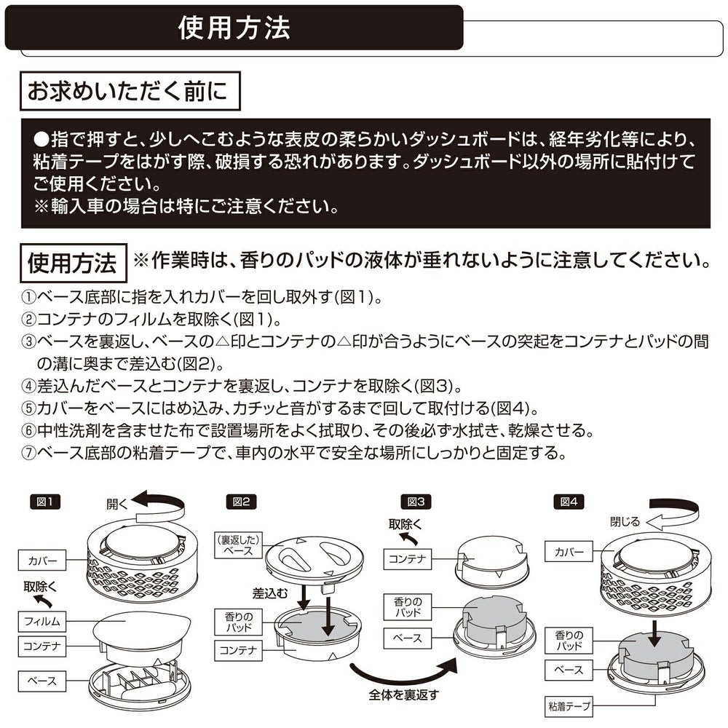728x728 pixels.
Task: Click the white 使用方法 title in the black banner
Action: pyautogui.click(x=234, y=28)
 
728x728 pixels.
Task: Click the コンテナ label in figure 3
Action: pyautogui.click(x=408, y=559)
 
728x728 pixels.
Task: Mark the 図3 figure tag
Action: pyautogui.click(x=416, y=501)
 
